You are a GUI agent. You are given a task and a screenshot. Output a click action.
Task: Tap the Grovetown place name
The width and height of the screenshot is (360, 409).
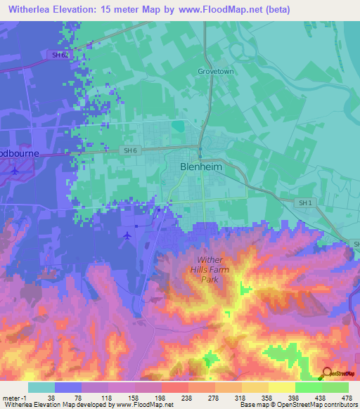pyautogui.click(x=215, y=72)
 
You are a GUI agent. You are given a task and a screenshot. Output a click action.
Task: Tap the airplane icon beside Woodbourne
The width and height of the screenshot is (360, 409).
pyautogui.click(x=15, y=170)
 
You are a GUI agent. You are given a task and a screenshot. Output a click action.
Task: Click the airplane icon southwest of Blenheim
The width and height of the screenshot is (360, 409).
pyautogui.click(x=127, y=235)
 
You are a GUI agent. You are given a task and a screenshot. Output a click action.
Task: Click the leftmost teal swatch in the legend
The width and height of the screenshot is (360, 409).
pyautogui.click(x=41, y=387)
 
